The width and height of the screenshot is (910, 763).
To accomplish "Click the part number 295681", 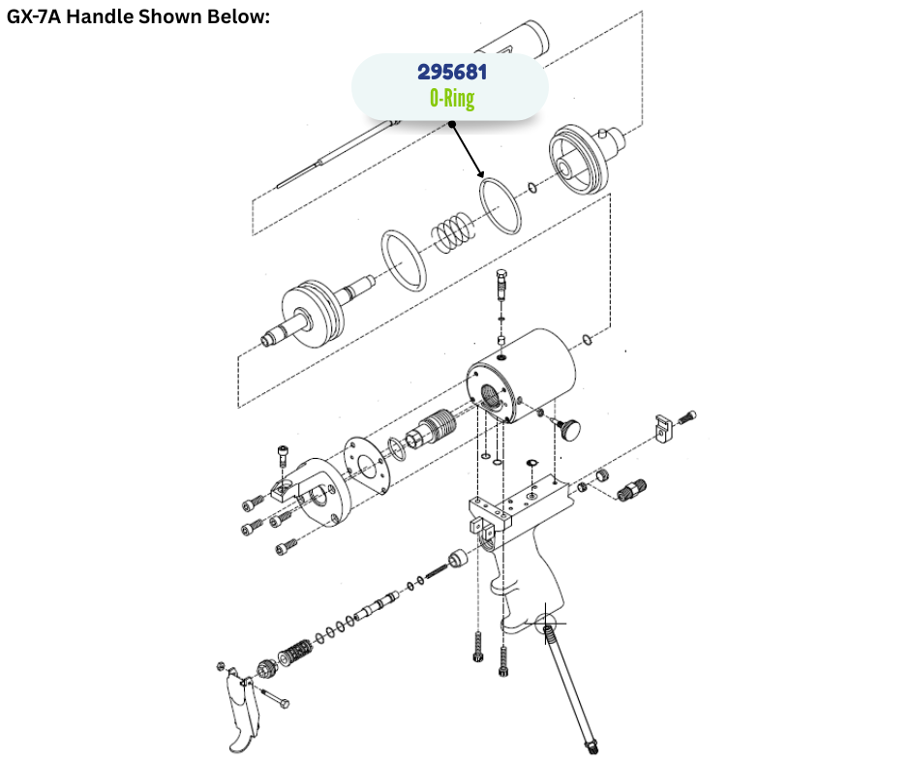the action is tap(452, 72).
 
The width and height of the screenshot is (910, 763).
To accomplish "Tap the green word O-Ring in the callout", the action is tap(452, 98).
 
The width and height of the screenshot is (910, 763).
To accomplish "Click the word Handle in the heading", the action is tap(100, 16).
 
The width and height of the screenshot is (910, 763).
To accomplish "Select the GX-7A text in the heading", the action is tap(34, 16).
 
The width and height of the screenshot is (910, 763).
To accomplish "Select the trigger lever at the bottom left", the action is tap(243, 712).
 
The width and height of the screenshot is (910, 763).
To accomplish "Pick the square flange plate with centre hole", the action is tap(366, 465).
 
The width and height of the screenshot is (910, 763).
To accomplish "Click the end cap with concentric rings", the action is tap(579, 159).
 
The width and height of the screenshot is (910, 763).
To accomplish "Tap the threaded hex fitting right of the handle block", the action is tap(631, 490).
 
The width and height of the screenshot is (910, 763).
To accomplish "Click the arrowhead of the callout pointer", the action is tap(480, 173).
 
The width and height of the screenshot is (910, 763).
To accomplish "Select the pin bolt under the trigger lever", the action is tap(275, 698).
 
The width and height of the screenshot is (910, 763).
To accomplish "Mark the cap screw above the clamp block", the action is tap(283, 455).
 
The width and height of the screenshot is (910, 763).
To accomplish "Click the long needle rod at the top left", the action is tap(337, 156).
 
